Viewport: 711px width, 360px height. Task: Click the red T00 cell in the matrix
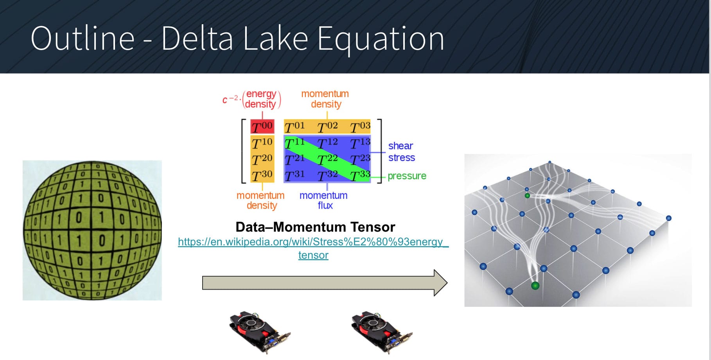pos(262,126)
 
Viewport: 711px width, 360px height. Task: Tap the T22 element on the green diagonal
pos(327,159)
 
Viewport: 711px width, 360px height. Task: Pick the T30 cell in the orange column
pos(262,175)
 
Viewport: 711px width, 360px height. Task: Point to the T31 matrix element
pos(294,175)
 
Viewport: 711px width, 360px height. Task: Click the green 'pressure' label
pos(407,176)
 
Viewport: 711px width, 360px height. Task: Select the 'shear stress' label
pos(401,152)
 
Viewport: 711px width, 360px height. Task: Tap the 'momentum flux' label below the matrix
pos(323,200)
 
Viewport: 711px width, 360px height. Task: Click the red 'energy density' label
pos(261,99)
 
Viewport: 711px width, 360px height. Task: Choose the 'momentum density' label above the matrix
pos(325,99)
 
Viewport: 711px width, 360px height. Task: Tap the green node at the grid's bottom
pos(535,286)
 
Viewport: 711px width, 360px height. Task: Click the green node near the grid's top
pos(527,196)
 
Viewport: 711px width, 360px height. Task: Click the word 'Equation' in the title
pos(381,39)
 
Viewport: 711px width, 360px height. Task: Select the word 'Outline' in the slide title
pos(83,39)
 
